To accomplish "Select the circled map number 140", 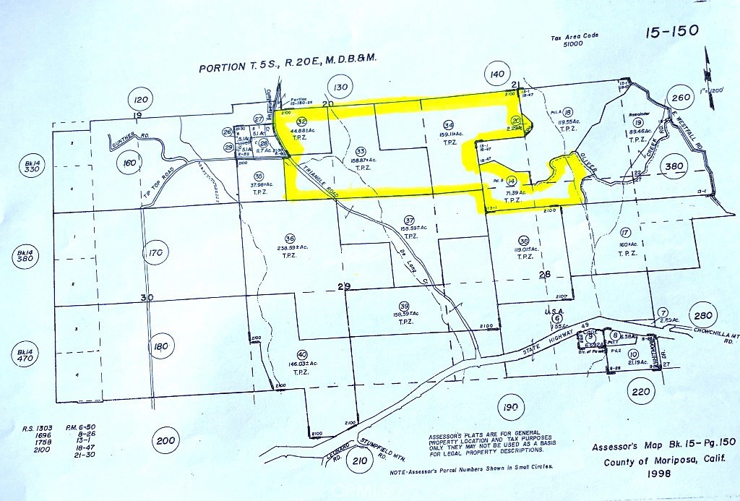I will point(496,75).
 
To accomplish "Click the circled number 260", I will point(681,98).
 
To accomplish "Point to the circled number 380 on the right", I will point(674,166).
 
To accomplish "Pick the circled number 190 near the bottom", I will point(509,408).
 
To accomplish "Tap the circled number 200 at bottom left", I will point(165,441).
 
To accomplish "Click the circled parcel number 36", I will point(290,239).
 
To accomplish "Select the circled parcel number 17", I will point(625,232).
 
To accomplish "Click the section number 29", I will point(344,287).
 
